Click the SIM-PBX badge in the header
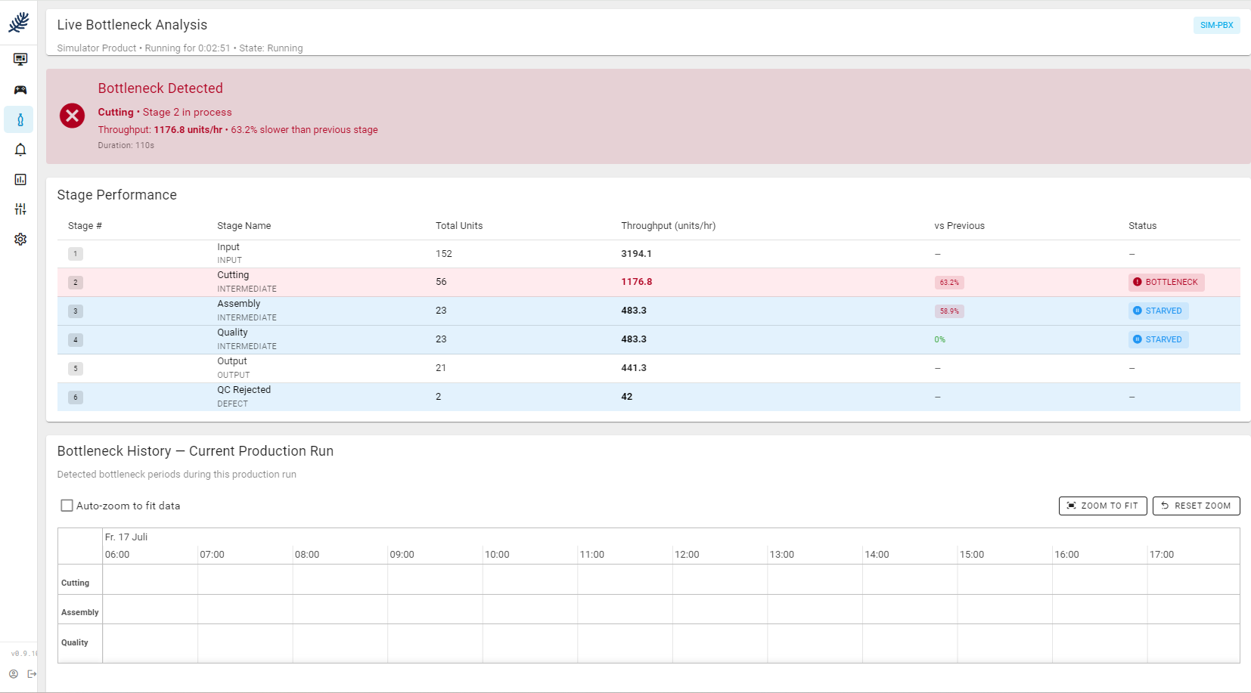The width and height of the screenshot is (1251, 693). (1216, 25)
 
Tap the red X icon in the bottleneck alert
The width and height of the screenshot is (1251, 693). (72, 116)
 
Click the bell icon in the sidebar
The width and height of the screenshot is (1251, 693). (20, 150)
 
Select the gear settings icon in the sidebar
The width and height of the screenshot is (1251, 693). (20, 240)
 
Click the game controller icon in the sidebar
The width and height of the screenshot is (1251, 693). (20, 90)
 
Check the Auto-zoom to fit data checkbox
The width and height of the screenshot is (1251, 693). (67, 506)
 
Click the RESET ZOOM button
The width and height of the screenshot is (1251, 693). (1197, 506)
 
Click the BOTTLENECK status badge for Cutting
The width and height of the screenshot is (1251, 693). (1166, 283)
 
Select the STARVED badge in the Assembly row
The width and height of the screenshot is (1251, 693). (1158, 311)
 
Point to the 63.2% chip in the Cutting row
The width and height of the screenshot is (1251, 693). (949, 283)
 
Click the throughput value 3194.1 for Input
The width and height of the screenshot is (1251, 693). (636, 254)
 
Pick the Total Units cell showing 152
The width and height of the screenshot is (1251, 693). (443, 254)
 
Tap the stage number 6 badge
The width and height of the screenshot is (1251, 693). (76, 398)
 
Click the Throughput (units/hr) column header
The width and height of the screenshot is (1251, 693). (668, 226)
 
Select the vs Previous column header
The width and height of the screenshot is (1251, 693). (959, 226)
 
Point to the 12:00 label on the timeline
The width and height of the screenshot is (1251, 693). (686, 555)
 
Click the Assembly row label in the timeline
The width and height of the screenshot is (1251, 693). (80, 612)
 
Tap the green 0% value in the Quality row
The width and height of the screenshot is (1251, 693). (939, 340)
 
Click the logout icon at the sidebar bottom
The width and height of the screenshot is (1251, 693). (32, 674)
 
